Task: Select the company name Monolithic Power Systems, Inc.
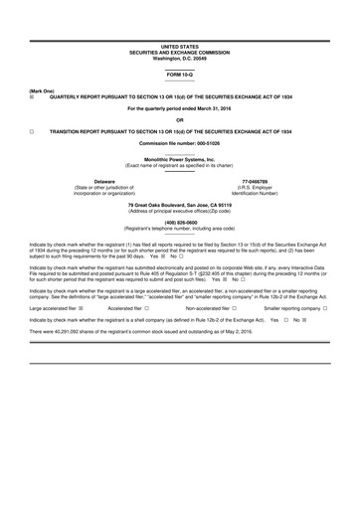click(180, 160)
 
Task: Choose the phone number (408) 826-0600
click(180, 223)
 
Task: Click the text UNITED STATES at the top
click(180, 47)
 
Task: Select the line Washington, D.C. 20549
click(180, 58)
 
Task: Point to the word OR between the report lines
click(180, 120)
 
